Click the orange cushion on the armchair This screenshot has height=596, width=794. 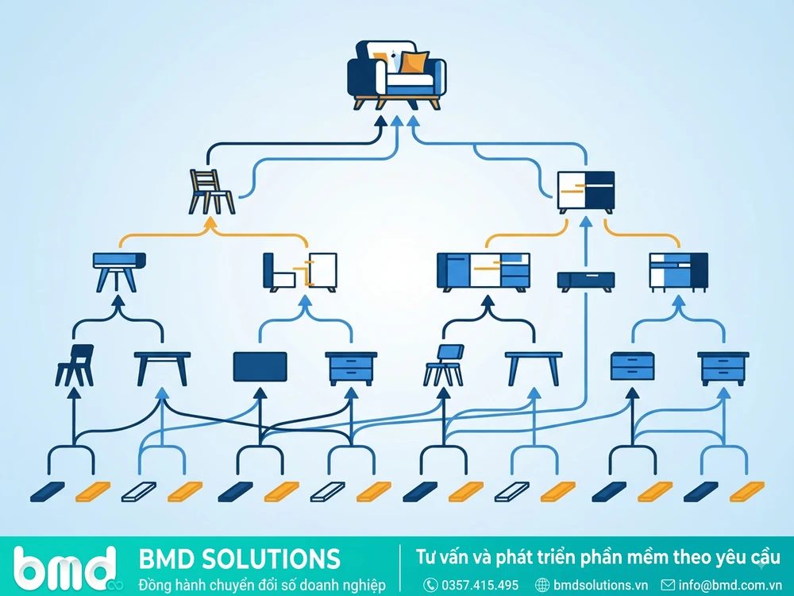pyautogui.click(x=413, y=63)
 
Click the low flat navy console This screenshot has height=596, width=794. pyautogui.click(x=586, y=281)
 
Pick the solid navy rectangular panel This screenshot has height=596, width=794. pyautogui.click(x=260, y=366)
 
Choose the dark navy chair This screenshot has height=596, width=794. pyautogui.click(x=75, y=366)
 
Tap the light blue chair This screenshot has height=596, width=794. pyautogui.click(x=444, y=366)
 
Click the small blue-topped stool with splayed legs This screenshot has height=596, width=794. pyautogui.click(x=119, y=272)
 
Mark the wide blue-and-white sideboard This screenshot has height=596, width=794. pyautogui.click(x=483, y=272)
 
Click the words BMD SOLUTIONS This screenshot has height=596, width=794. pyautogui.click(x=239, y=559)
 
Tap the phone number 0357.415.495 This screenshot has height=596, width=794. pyautogui.click(x=480, y=586)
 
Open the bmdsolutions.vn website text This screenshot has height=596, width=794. pyautogui.click(x=600, y=586)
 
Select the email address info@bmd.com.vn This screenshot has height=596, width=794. pyautogui.click(x=730, y=586)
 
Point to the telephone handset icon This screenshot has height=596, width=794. pyautogui.click(x=430, y=586)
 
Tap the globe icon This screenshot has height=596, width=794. pyautogui.click(x=542, y=586)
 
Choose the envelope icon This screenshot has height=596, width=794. pyautogui.click(x=668, y=585)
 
